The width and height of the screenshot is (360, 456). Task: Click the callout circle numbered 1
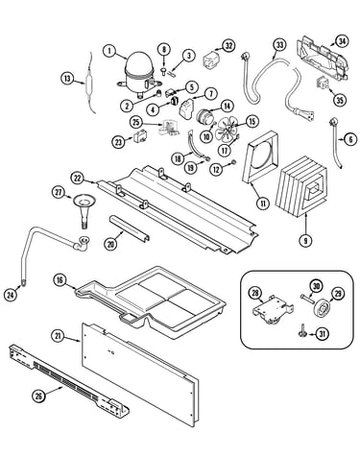(x=109, y=51)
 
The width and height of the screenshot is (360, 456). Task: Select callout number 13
(x=67, y=79)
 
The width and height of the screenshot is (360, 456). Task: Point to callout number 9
(x=305, y=241)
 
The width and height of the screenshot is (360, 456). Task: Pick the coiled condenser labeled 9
(x=301, y=187)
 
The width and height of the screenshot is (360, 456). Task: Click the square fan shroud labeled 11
(x=261, y=157)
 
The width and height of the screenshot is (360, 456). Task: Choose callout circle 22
(x=78, y=179)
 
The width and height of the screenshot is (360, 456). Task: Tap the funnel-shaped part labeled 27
(x=84, y=209)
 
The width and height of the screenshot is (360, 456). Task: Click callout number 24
(x=11, y=295)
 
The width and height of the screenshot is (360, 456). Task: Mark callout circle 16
(x=60, y=280)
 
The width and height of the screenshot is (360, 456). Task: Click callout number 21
(x=58, y=335)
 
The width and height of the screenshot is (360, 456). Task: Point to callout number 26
(x=38, y=396)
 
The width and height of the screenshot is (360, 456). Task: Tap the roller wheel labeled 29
(x=321, y=309)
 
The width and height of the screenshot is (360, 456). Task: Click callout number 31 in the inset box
(x=322, y=334)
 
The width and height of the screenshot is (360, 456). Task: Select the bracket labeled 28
(x=273, y=310)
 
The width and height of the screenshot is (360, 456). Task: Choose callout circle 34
(x=342, y=41)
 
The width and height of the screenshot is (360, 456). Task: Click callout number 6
(x=350, y=139)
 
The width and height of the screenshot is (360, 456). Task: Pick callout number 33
(x=279, y=45)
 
